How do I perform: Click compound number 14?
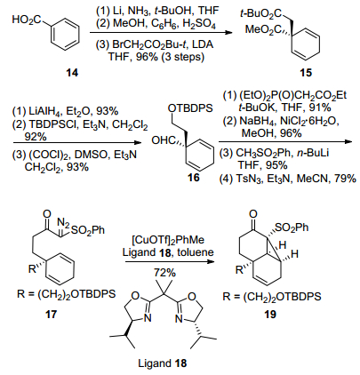click(72, 72)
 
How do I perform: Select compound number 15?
click(306, 72)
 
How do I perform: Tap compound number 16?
click(193, 178)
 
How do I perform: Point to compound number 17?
click(51, 314)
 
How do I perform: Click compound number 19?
click(270, 314)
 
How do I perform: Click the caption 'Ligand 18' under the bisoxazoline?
click(163, 363)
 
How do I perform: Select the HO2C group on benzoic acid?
click(27, 20)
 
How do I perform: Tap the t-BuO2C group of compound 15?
click(261, 13)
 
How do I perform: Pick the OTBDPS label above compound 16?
click(190, 108)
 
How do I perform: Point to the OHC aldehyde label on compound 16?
click(163, 140)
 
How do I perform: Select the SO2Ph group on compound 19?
click(292, 227)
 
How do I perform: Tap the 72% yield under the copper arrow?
click(164, 272)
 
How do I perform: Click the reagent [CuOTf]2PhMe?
click(168, 240)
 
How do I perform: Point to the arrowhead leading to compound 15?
click(228, 32)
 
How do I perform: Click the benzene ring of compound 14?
click(66, 35)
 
